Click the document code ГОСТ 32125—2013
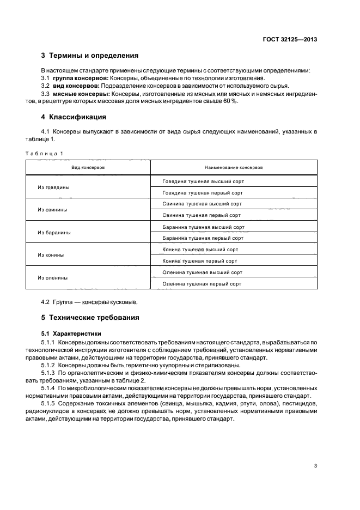pos(289,40)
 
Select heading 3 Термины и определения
pos(90,56)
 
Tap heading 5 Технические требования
pos(90,318)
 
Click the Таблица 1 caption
pos(45,154)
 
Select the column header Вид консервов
pos(88,168)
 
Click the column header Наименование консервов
pos(234,168)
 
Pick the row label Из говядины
pos(53,187)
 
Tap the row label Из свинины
pos(52,210)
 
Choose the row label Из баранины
pos(54,233)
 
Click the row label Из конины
pos(51,255)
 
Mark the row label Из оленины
pos(53,278)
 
